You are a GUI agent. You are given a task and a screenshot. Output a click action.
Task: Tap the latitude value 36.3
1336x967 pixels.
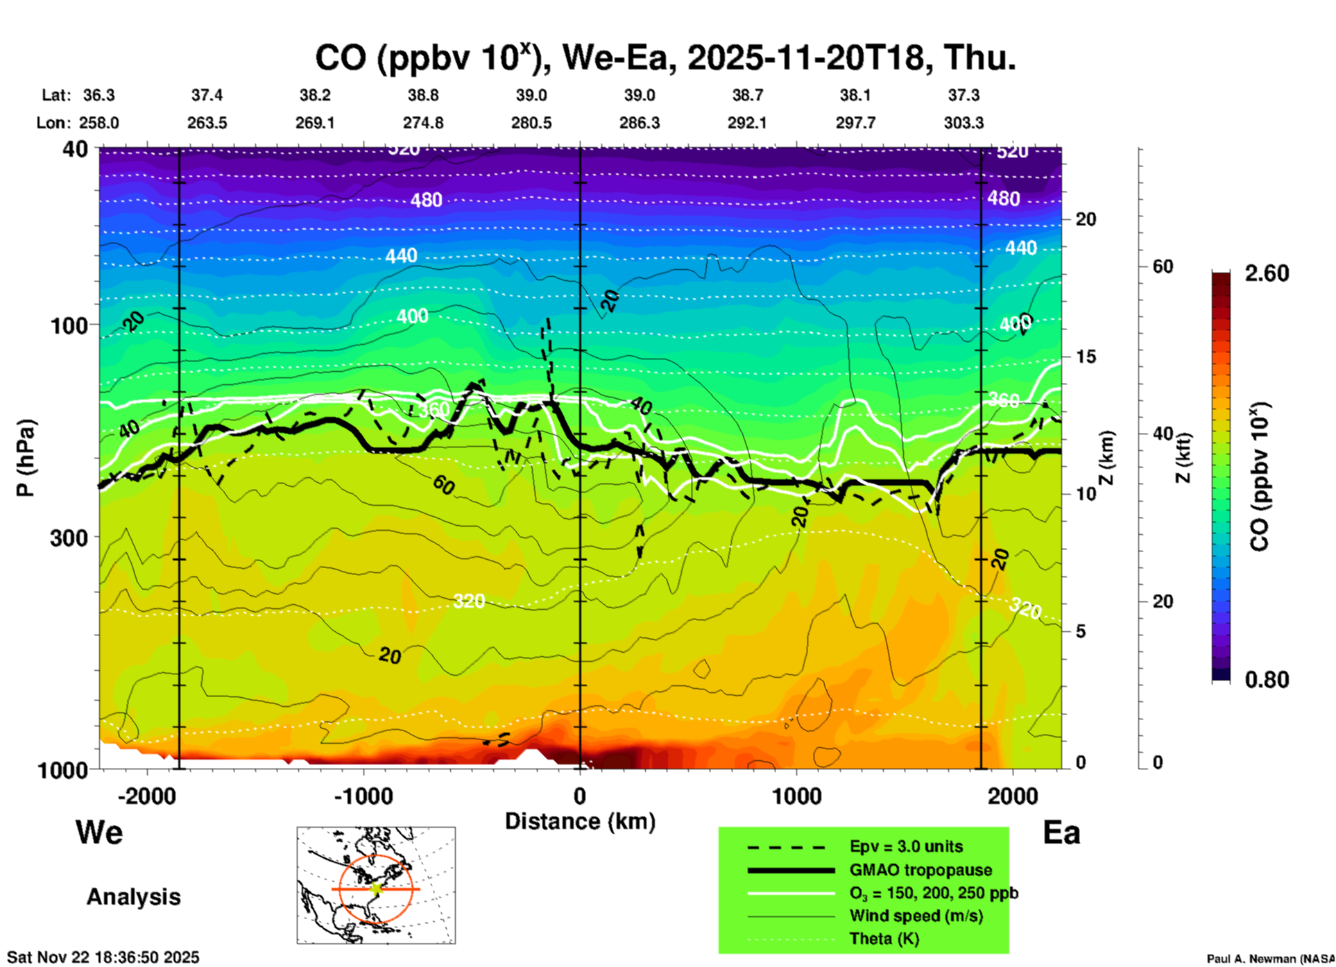click(99, 95)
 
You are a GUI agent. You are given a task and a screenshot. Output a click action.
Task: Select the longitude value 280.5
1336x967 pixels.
click(531, 123)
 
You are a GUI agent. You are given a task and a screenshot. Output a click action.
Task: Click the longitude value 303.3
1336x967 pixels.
click(964, 123)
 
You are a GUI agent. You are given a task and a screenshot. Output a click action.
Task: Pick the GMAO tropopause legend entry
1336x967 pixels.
click(920, 870)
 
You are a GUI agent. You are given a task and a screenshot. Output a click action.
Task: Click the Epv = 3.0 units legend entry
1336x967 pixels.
click(906, 847)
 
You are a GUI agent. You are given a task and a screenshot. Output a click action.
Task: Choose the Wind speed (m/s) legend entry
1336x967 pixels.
click(916, 916)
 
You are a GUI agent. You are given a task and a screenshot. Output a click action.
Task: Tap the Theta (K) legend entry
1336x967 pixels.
click(884, 939)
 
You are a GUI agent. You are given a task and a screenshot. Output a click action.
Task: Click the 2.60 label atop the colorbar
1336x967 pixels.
click(1267, 273)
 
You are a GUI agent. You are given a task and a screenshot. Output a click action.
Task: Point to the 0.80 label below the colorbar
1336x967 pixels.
click(1267, 680)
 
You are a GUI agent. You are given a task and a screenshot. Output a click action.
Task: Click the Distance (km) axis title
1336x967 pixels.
click(580, 821)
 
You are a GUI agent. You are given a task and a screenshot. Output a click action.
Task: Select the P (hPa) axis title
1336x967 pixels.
click(26, 458)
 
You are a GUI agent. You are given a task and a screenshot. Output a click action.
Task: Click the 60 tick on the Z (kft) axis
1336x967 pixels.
click(1163, 266)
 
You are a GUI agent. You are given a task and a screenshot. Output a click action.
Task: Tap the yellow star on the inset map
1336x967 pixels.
click(376, 889)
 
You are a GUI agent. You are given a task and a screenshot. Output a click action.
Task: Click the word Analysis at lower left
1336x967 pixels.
click(133, 897)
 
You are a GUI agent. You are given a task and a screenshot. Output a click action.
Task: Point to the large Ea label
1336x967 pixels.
click(1061, 832)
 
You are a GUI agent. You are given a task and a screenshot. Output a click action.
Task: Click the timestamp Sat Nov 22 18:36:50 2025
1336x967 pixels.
click(103, 957)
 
